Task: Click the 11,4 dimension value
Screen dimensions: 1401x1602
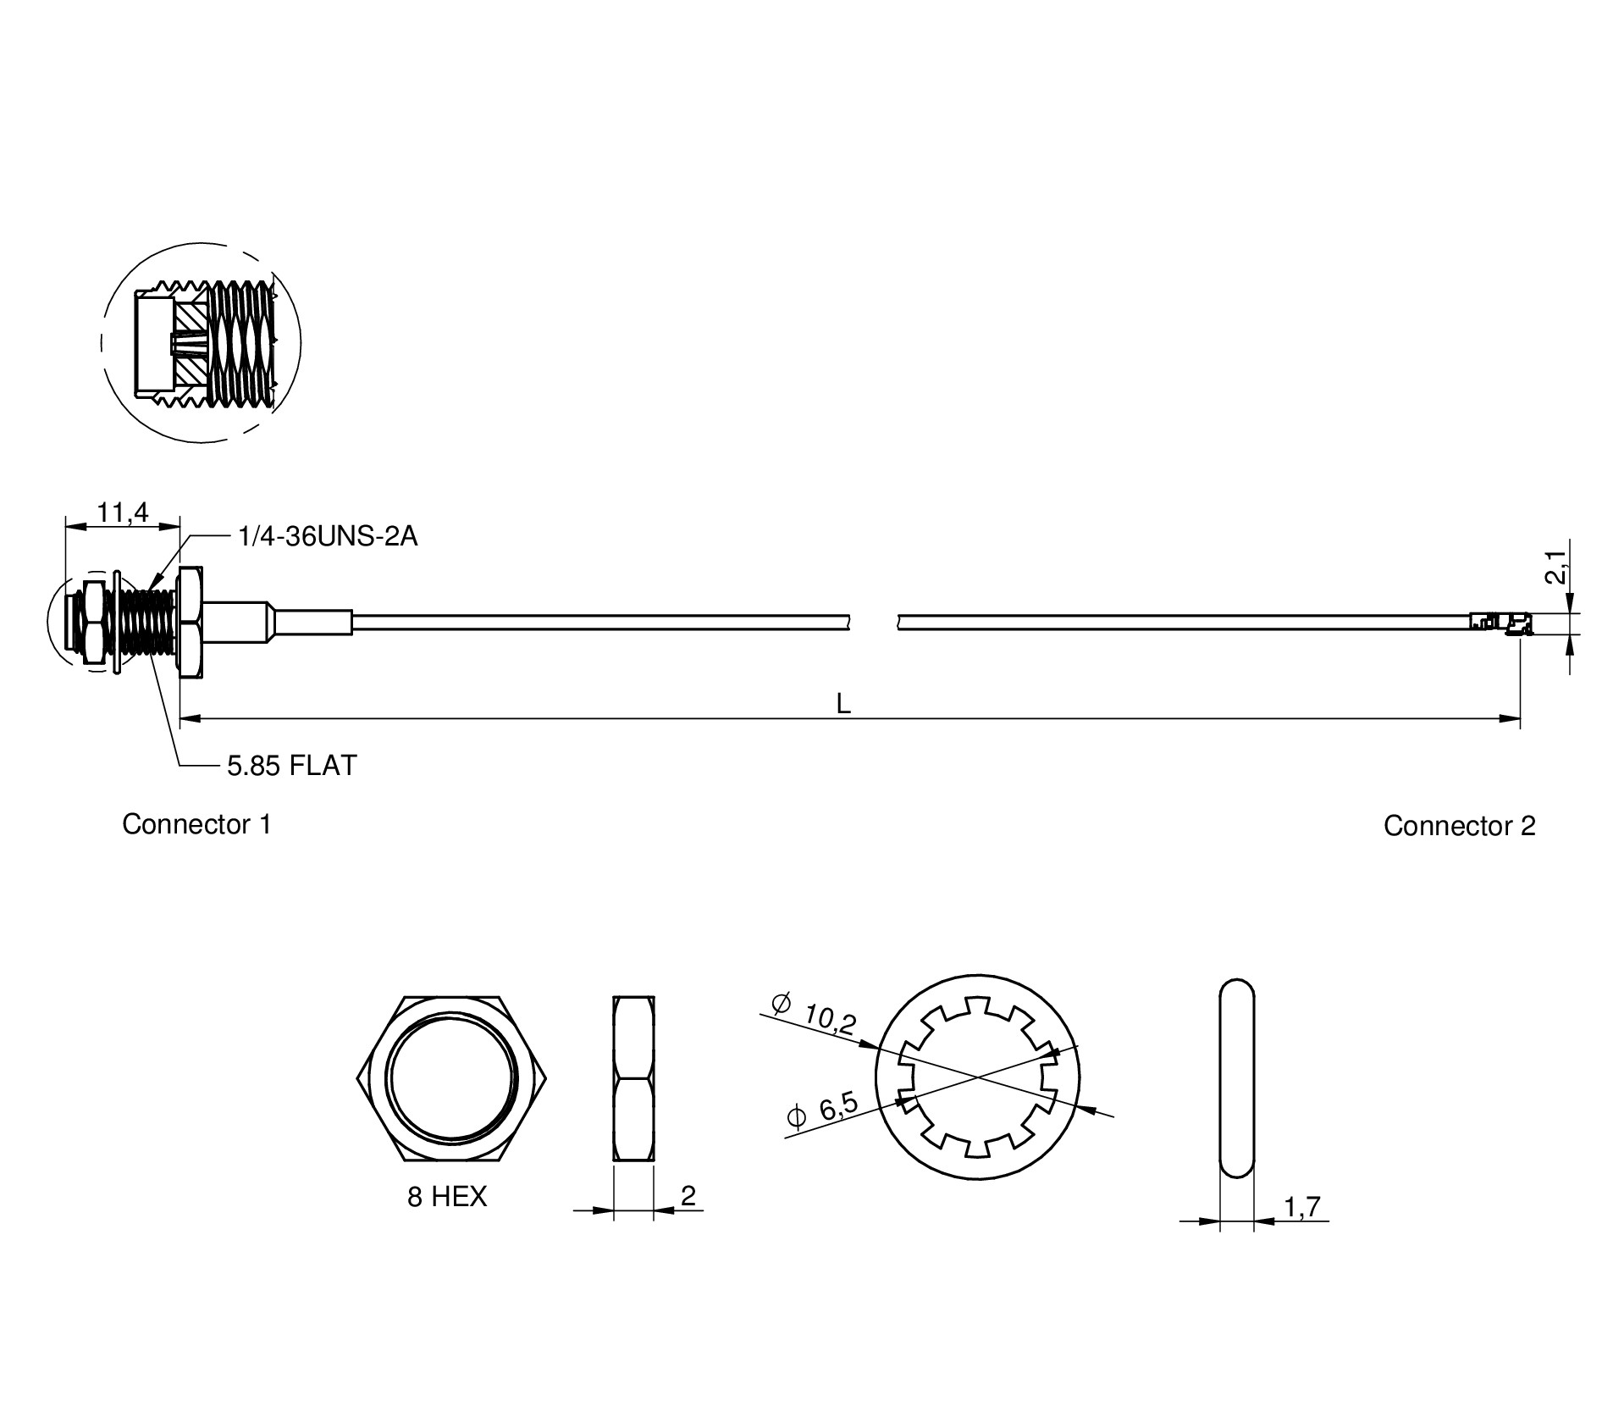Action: pos(123,512)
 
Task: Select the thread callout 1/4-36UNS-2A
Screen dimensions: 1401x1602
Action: pos(329,537)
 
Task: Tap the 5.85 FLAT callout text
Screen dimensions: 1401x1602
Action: pos(292,766)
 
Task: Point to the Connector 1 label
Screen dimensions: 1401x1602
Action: pos(196,824)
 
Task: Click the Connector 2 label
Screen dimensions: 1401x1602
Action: pos(1459,826)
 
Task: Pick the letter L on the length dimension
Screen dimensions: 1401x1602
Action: pos(843,704)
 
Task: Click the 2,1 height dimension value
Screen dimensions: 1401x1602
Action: pos(1555,567)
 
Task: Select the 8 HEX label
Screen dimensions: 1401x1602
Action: pos(447,1197)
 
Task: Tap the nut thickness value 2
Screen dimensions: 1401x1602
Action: pos(688,1195)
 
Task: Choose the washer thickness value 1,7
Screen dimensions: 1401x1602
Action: pos(1302,1206)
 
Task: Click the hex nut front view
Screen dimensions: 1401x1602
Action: pos(451,1077)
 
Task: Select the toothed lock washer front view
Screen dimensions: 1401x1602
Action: pos(978,1078)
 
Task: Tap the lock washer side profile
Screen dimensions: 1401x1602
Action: pos(1236,1077)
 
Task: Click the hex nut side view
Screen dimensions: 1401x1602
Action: pos(633,1077)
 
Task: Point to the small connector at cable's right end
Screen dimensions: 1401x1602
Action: pos(1499,622)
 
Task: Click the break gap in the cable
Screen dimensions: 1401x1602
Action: pos(873,622)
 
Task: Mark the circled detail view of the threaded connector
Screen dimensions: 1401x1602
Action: pos(202,343)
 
